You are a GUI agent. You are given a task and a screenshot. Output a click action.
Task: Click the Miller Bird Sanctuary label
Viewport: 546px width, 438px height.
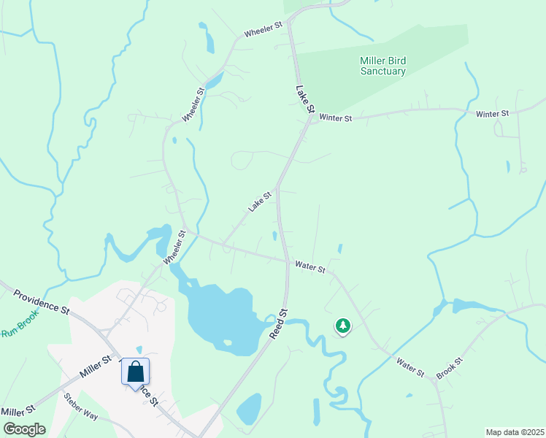click(382, 66)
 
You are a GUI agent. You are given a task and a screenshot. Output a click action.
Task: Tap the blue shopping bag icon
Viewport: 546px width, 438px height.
click(136, 372)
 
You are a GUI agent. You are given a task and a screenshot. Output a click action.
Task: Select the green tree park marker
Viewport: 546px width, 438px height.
click(342, 326)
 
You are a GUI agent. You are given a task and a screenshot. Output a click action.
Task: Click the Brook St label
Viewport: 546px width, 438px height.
click(449, 367)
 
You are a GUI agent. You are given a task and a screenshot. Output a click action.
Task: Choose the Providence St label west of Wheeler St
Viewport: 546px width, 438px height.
click(41, 301)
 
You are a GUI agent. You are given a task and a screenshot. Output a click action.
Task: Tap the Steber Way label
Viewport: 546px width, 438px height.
click(81, 406)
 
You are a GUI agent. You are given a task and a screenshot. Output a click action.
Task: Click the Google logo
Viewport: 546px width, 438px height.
click(24, 429)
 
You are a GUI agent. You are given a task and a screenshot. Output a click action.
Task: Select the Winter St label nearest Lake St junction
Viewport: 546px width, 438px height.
click(336, 118)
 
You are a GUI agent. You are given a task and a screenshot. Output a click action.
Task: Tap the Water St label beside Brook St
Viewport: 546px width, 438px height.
click(410, 366)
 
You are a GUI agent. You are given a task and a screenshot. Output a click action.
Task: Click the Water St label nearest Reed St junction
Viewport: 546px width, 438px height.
click(309, 268)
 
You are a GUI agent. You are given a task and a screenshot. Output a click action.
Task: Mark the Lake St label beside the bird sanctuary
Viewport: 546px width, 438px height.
click(304, 99)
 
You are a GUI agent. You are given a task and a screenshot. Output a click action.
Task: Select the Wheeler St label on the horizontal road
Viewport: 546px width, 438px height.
click(263, 30)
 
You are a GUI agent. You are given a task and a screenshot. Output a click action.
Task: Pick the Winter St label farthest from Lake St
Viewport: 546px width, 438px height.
click(492, 115)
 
